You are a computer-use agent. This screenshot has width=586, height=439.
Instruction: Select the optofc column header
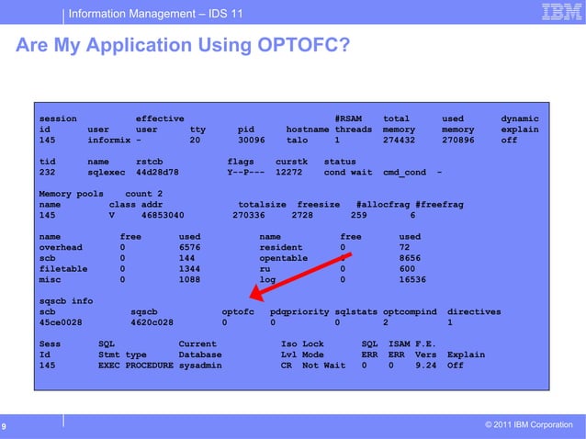(x=238, y=312)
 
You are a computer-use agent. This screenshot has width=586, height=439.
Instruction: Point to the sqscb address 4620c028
(x=154, y=323)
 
